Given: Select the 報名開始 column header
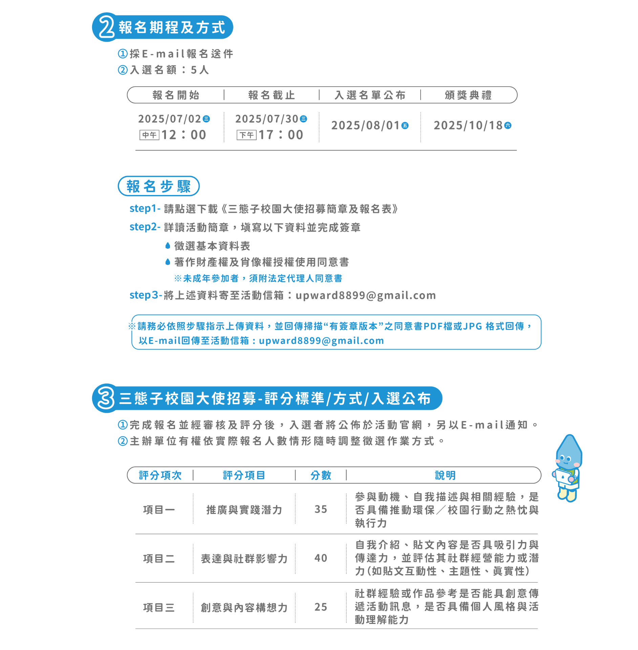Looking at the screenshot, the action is click(176, 95).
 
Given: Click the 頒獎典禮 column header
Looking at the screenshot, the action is click(468, 95).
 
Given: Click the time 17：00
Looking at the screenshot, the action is click(281, 135).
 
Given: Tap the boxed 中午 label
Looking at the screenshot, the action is click(149, 135).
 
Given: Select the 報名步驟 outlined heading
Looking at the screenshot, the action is click(158, 186).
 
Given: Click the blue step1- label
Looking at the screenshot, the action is click(145, 209).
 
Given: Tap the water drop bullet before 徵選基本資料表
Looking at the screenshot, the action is click(168, 245).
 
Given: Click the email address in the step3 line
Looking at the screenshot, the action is click(366, 296).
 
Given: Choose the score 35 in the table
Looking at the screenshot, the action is click(321, 509).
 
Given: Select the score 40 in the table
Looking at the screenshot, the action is click(321, 558).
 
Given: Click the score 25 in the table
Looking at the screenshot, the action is click(321, 607).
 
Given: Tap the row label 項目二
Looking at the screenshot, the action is click(159, 559).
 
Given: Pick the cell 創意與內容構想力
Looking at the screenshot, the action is click(244, 608).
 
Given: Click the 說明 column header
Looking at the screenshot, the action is click(445, 475).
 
